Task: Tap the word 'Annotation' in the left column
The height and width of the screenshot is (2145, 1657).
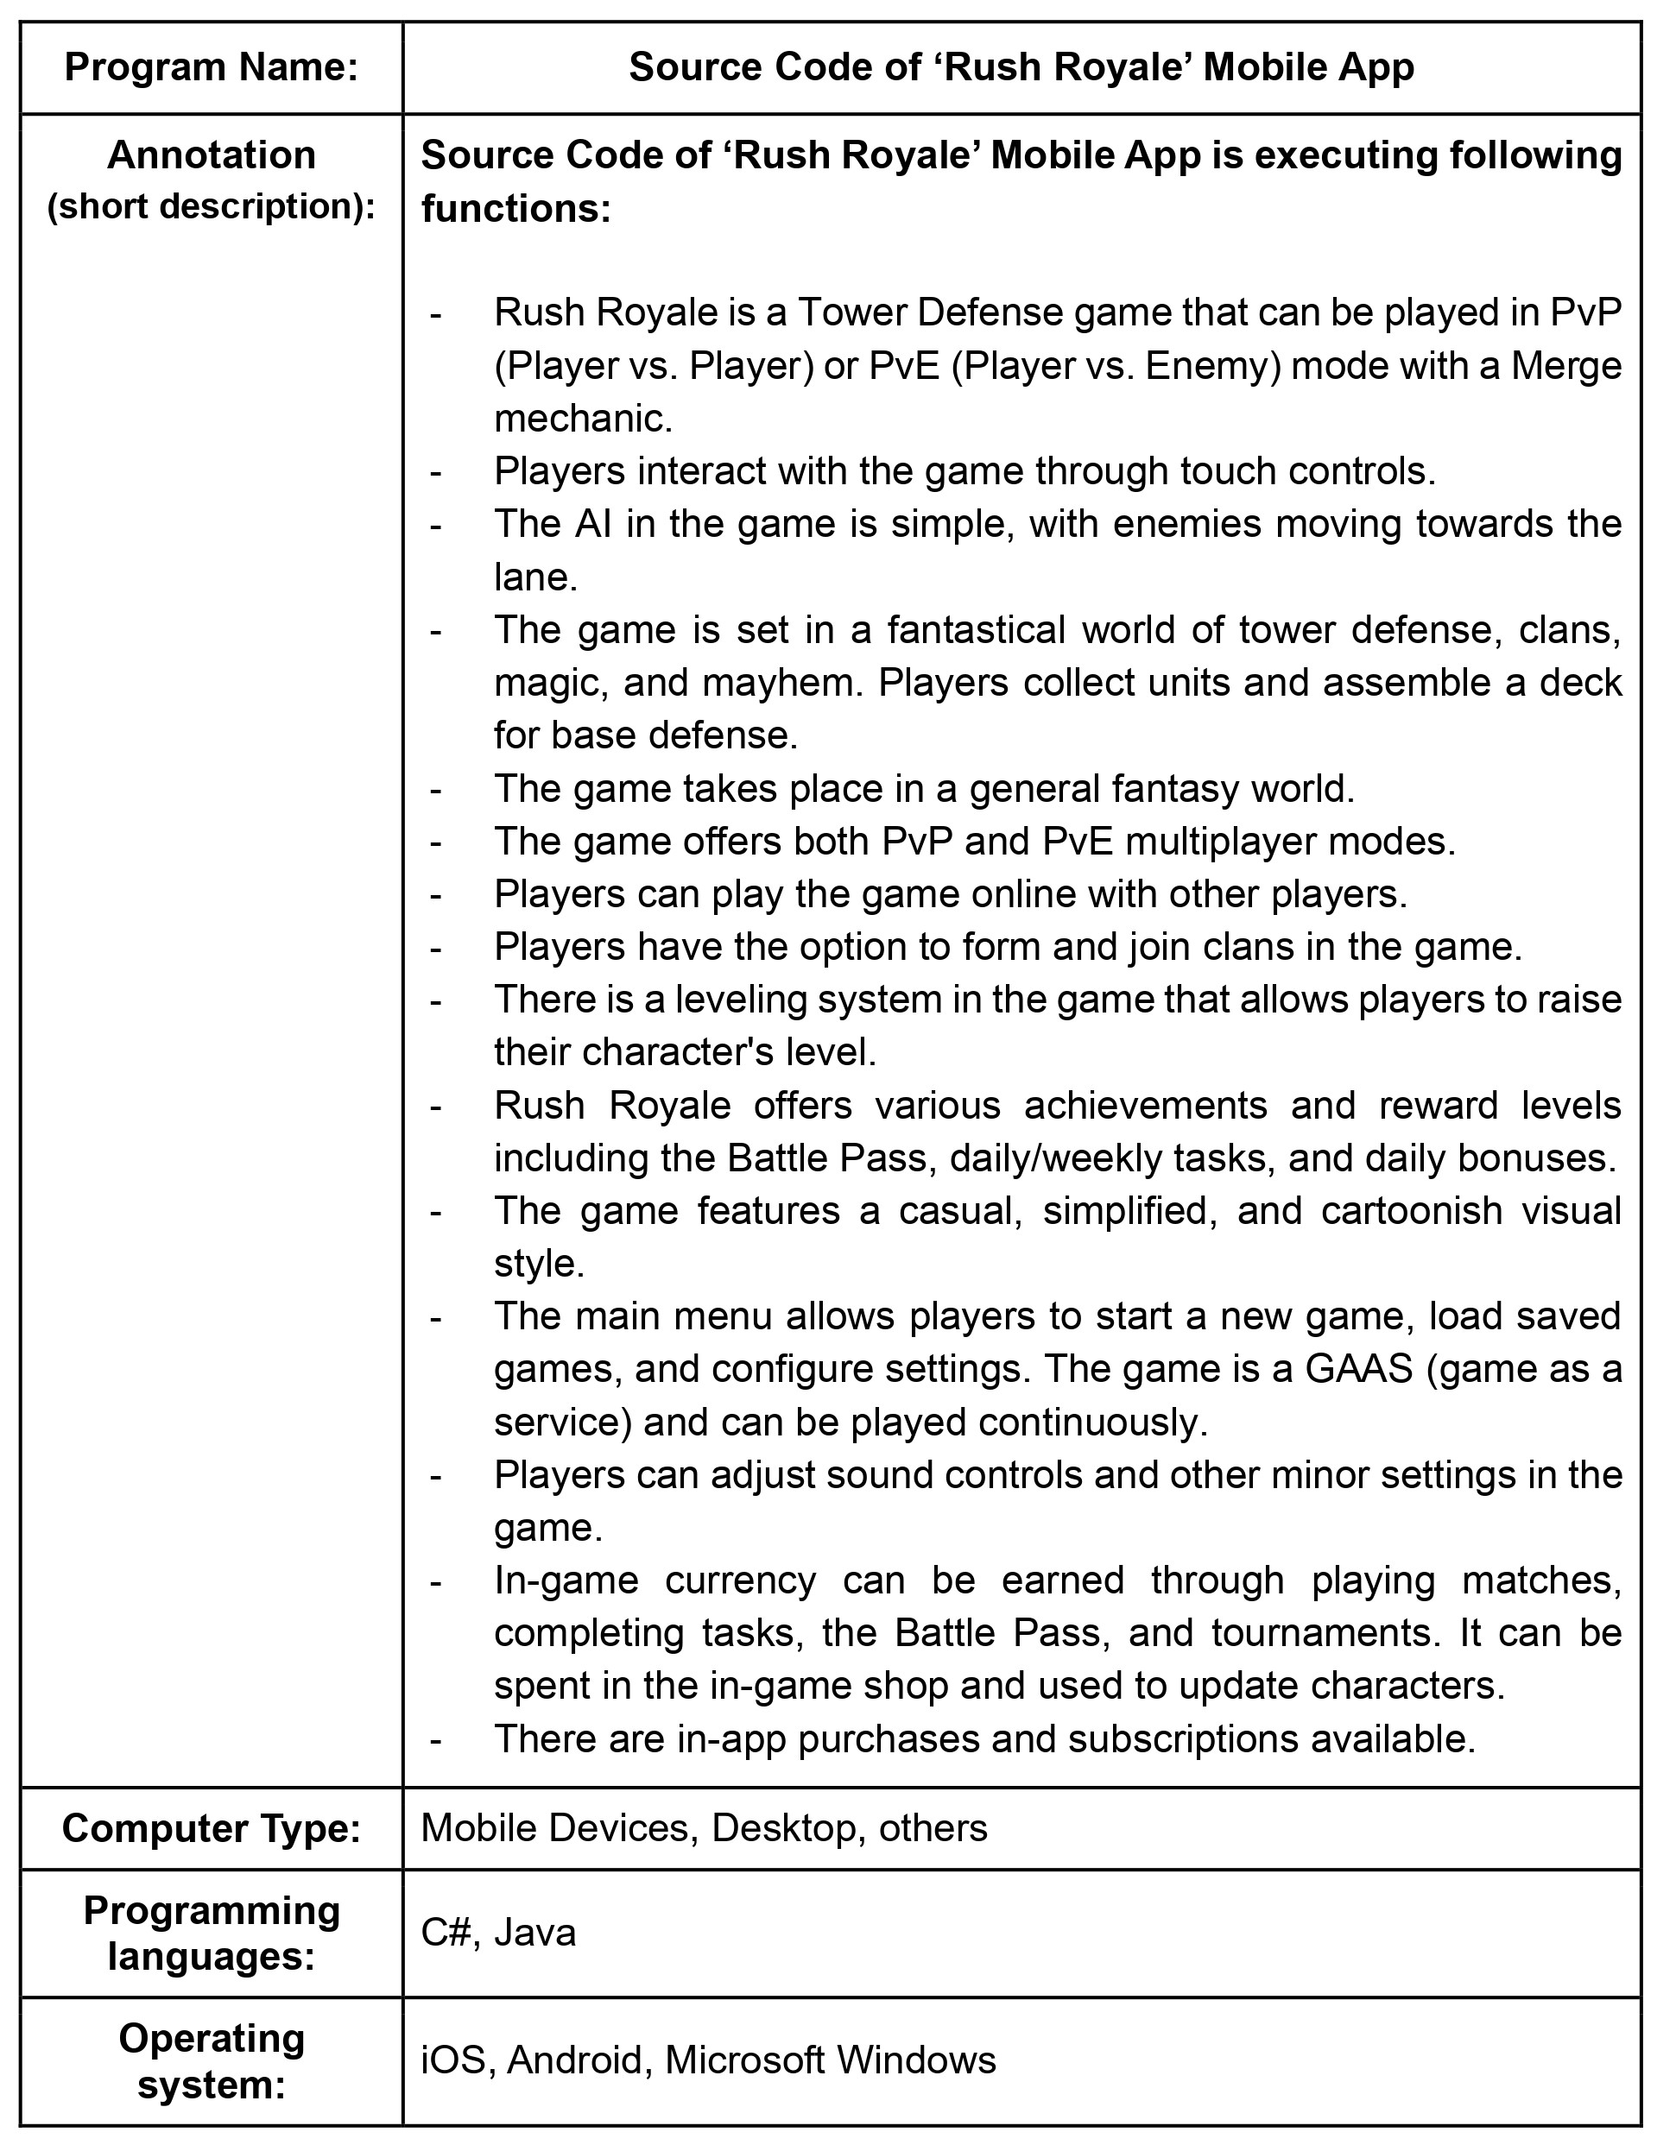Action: pyautogui.click(x=212, y=155)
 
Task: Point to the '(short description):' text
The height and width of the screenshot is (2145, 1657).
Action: pyautogui.click(x=212, y=207)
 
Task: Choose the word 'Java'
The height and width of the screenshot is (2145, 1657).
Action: pyautogui.click(x=535, y=1932)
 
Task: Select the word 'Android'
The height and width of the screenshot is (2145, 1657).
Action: pyautogui.click(x=574, y=2060)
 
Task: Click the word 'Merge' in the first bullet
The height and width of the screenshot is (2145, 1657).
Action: pyautogui.click(x=1565, y=366)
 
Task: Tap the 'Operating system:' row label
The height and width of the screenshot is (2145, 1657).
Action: pyautogui.click(x=212, y=2060)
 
